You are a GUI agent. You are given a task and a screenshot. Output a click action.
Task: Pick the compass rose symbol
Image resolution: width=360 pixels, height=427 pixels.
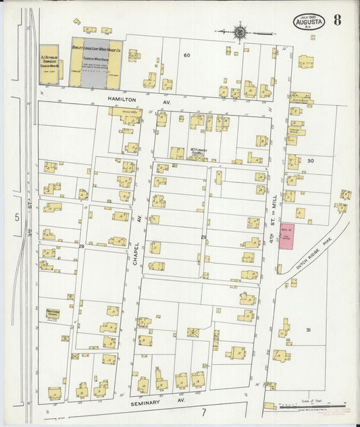tap(240, 32)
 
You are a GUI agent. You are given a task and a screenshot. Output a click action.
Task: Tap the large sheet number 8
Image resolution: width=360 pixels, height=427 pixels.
tap(336, 19)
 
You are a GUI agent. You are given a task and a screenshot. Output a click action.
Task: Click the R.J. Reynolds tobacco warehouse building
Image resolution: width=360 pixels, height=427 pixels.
tap(50, 64)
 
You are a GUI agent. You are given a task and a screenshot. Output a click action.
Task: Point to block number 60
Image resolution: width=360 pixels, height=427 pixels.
tap(187, 55)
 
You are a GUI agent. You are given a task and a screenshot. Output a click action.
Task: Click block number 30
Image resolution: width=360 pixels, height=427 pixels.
tap(310, 161)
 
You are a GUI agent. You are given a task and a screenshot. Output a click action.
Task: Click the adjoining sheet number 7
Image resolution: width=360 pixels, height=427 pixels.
tap(203, 411)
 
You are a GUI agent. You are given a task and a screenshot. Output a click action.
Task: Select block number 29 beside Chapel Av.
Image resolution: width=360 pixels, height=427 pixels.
tap(82, 247)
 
